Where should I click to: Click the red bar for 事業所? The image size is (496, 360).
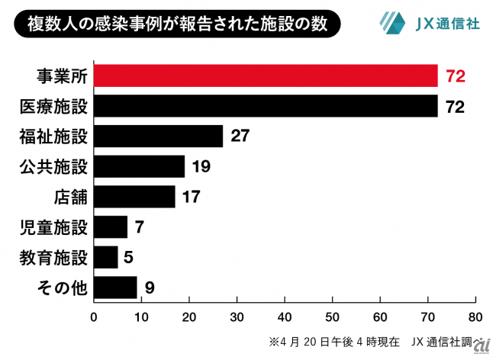tap(266, 76)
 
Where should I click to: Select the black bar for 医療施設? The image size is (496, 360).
tap(266, 106)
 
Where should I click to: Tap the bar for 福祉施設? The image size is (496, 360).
tap(158, 137)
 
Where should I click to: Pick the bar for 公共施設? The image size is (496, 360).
tap(139, 166)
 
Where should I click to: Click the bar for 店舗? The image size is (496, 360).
tap(134, 197)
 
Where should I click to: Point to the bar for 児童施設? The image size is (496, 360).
tap(111, 227)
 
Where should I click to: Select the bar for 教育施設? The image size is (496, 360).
tap(106, 257)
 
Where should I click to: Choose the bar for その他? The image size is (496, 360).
tap(115, 288)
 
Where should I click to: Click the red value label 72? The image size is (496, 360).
tap(455, 76)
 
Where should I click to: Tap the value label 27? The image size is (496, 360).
tap(240, 137)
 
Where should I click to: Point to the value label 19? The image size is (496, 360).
tap(201, 166)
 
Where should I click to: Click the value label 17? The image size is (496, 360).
tap(192, 197)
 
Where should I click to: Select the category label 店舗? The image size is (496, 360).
tap(71, 197)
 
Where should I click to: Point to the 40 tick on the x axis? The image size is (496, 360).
tap(285, 316)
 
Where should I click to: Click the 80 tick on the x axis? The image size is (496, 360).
tap(475, 316)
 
